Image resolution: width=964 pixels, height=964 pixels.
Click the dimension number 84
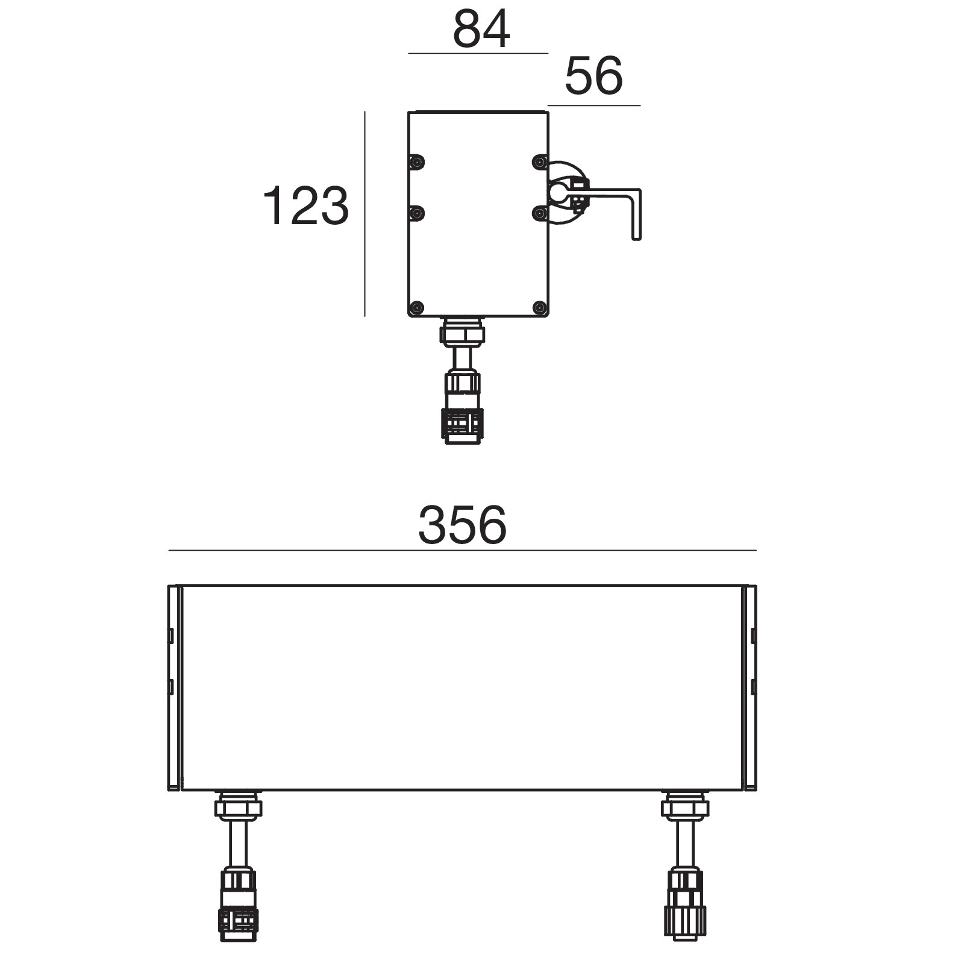pyautogui.click(x=481, y=29)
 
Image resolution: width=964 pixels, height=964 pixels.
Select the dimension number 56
pyautogui.click(x=593, y=76)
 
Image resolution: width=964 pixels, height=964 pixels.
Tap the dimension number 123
pyautogui.click(x=305, y=206)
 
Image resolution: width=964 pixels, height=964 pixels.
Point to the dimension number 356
pyautogui.click(x=463, y=525)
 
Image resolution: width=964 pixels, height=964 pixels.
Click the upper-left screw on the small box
pyautogui.click(x=416, y=162)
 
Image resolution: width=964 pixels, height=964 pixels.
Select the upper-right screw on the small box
pyautogui.click(x=540, y=162)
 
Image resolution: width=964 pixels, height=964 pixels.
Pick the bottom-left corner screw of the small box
pyautogui.click(x=416, y=308)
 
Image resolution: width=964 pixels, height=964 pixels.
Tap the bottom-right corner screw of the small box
pyautogui.click(x=540, y=308)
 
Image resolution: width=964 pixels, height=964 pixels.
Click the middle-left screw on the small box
pyautogui.click(x=416, y=213)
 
